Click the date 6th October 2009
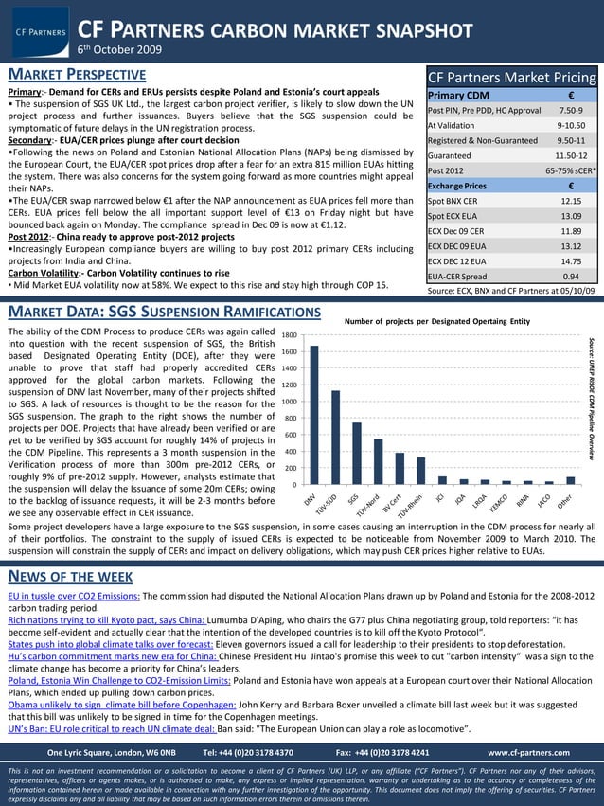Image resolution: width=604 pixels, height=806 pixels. (118, 49)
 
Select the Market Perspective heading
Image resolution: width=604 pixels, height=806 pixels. (77, 75)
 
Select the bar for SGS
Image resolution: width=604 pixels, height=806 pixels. (357, 454)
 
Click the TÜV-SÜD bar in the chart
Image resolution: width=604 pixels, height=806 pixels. (335, 438)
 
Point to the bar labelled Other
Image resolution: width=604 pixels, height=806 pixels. (570, 480)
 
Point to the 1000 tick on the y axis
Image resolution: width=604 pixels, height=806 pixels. (292, 402)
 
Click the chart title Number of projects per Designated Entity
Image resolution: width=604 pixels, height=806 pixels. (436, 322)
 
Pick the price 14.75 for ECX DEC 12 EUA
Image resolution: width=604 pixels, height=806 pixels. (571, 261)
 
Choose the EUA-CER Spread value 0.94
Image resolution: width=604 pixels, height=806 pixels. (571, 277)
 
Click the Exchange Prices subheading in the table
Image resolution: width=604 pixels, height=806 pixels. (457, 186)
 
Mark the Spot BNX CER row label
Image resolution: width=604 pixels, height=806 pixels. (453, 201)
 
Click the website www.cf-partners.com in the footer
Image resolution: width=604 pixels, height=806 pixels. (528, 752)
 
